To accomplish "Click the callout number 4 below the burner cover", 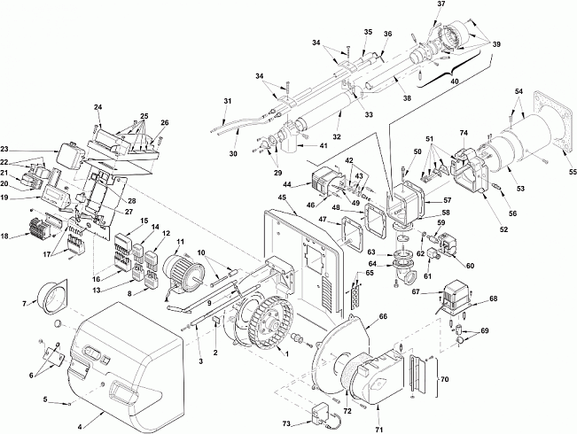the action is tap(81, 428).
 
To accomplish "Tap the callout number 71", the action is tap(379, 430).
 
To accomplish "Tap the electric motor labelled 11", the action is tap(181, 271).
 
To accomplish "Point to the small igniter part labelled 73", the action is tap(321, 415).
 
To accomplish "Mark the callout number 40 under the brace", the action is tap(454, 81).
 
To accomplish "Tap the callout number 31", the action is tap(228, 101).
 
